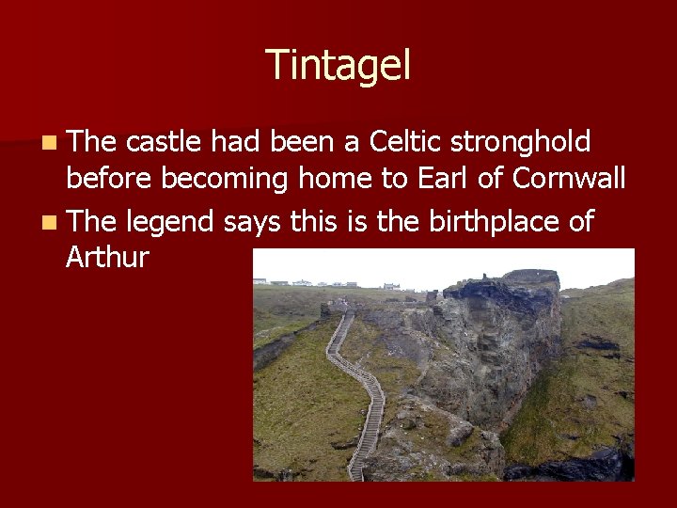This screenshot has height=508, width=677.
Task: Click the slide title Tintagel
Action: (x=338, y=66)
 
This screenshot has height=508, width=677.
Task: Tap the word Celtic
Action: (x=407, y=142)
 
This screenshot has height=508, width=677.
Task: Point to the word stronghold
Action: (x=521, y=143)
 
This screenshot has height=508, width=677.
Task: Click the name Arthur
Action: (x=107, y=257)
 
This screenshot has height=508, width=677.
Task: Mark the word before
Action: (x=111, y=178)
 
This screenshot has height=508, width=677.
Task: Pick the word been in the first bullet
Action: (x=303, y=142)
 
